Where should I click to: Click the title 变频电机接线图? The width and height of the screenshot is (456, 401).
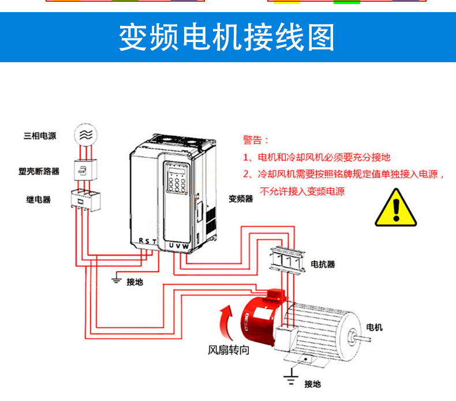[x=227, y=38]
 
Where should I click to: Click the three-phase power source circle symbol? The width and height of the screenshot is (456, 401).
[x=85, y=134]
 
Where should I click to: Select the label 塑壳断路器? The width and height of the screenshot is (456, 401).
[x=39, y=172]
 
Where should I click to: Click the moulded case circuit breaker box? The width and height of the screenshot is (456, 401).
[x=85, y=171]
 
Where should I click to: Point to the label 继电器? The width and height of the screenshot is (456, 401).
[x=39, y=200]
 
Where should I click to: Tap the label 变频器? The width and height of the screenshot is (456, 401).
[x=241, y=199]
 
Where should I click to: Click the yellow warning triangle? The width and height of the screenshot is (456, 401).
[x=396, y=207]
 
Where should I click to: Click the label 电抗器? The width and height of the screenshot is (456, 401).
[x=323, y=264]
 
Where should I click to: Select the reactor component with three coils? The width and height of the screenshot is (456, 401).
[x=286, y=260]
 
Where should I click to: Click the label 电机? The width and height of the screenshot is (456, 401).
[x=375, y=327]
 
